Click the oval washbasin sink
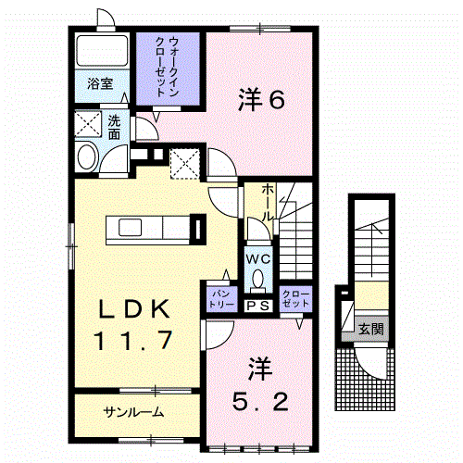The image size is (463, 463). click(x=88, y=156)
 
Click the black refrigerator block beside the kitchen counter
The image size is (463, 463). click(x=197, y=228)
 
